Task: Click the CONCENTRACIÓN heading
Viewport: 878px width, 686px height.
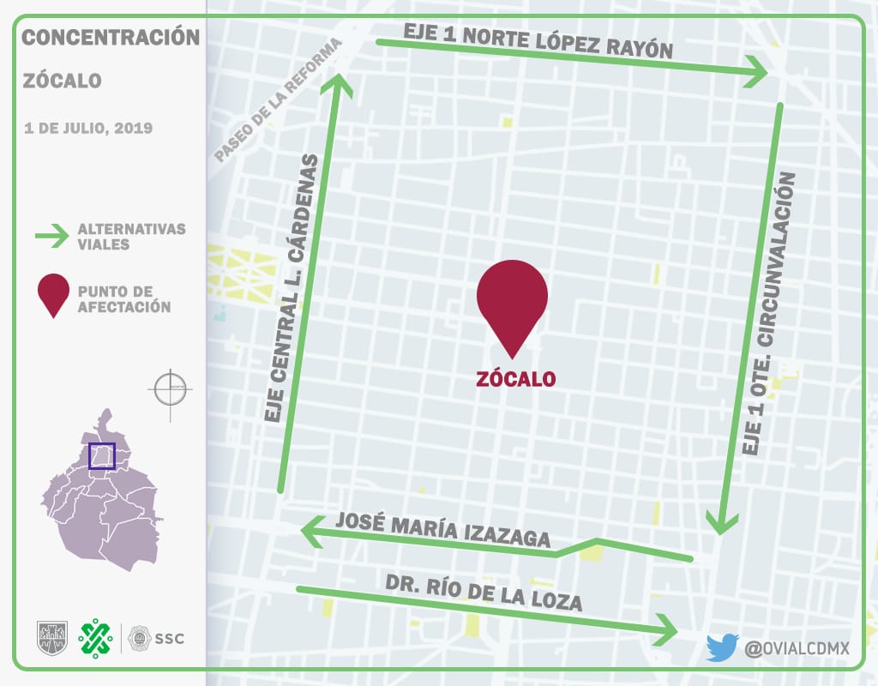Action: coord(110,38)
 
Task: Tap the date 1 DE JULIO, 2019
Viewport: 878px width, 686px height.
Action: coord(88,129)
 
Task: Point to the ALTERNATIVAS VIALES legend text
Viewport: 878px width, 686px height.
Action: coord(131,237)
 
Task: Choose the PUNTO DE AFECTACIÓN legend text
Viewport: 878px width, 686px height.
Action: coord(123,299)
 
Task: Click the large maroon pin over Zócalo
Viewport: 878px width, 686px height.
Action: coord(513,300)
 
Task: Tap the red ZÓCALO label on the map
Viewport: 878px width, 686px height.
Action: coord(515,378)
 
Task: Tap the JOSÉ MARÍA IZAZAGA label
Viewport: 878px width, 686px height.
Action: coord(442,528)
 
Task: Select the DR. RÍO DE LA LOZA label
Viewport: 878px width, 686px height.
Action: coord(484,593)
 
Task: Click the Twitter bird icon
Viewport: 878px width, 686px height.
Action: coord(722,647)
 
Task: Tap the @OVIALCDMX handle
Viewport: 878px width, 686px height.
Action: coord(797,648)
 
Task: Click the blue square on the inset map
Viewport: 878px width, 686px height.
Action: coord(102,455)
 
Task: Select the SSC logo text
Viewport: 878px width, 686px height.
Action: coord(169,638)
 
